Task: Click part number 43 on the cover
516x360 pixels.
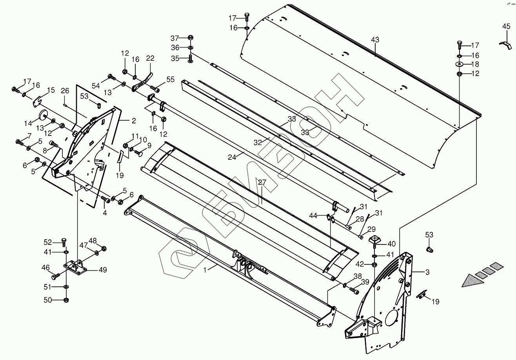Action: [x=375, y=40]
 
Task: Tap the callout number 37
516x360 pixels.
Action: [x=174, y=38]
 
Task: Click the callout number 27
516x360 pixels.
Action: [x=262, y=182]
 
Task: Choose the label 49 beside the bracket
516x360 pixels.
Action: [x=103, y=270]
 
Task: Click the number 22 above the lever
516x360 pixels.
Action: [x=150, y=58]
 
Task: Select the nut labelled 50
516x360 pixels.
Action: [x=66, y=300]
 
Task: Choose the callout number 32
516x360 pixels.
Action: [x=257, y=143]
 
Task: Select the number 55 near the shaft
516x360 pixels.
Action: [x=170, y=80]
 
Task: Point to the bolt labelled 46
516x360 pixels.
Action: [x=56, y=276]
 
